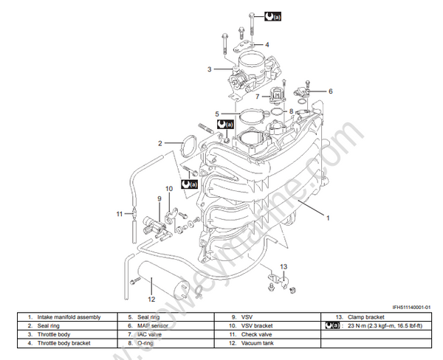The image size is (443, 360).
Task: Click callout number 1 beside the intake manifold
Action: click(x=328, y=218)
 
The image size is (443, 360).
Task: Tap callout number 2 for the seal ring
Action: click(x=159, y=142)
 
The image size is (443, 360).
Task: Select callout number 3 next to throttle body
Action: click(x=210, y=69)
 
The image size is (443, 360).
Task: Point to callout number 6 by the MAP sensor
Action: click(x=331, y=91)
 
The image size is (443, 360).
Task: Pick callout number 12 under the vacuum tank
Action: click(x=151, y=299)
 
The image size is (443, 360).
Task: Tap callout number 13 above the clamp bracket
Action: click(x=284, y=266)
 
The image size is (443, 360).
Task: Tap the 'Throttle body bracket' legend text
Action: click(x=69, y=343)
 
